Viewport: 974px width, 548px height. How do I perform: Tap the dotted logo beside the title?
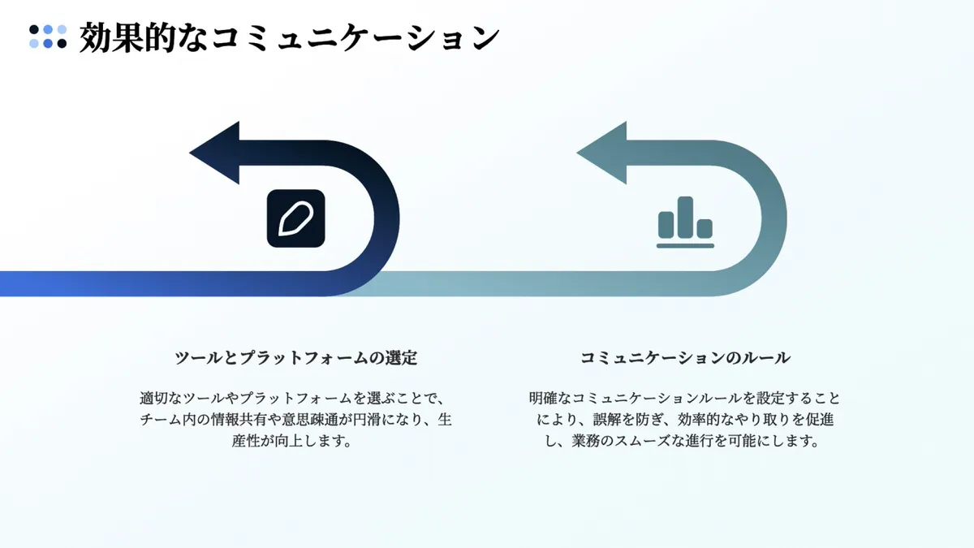click(x=48, y=37)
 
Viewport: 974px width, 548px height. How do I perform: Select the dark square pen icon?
click(x=295, y=218)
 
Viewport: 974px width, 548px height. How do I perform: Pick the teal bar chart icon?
click(x=686, y=222)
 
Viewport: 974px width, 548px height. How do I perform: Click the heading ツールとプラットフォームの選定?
click(x=295, y=357)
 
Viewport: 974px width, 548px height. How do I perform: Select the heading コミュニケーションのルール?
click(x=685, y=357)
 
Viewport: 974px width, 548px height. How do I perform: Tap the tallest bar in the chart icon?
click(x=686, y=217)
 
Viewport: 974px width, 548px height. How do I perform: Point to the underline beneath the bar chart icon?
click(x=686, y=244)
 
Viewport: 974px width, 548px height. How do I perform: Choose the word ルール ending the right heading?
click(x=767, y=357)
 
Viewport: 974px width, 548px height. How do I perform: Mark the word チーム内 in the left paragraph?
click(x=168, y=421)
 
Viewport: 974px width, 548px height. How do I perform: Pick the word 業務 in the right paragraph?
click(x=587, y=442)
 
